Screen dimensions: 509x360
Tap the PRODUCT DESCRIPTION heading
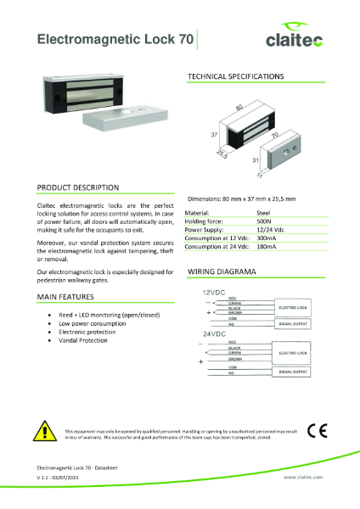coord(78,187)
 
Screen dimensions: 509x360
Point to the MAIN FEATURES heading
coord(65,297)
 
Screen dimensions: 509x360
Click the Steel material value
coord(263,213)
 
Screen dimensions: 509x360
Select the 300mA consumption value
coord(267,238)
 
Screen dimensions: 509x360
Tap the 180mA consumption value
coord(267,246)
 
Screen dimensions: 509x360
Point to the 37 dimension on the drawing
coord(214,134)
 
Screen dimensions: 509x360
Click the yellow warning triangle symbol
coord(44,431)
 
